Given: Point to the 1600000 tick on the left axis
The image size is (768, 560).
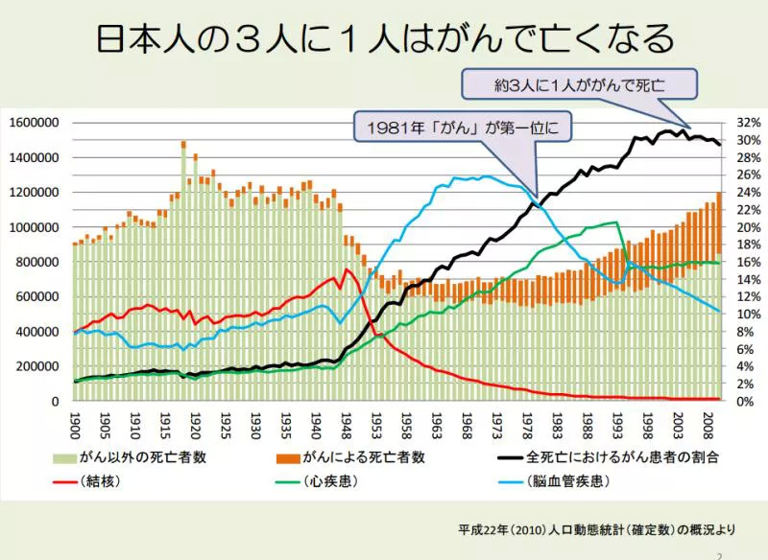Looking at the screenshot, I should click(x=35, y=122).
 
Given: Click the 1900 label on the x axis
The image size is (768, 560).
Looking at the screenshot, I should click(x=76, y=422).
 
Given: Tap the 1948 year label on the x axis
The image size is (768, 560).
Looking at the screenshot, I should click(x=348, y=422).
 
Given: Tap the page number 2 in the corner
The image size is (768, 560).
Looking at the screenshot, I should click(x=718, y=554).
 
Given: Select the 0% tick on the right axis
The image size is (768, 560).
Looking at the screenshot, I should click(x=744, y=401).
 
